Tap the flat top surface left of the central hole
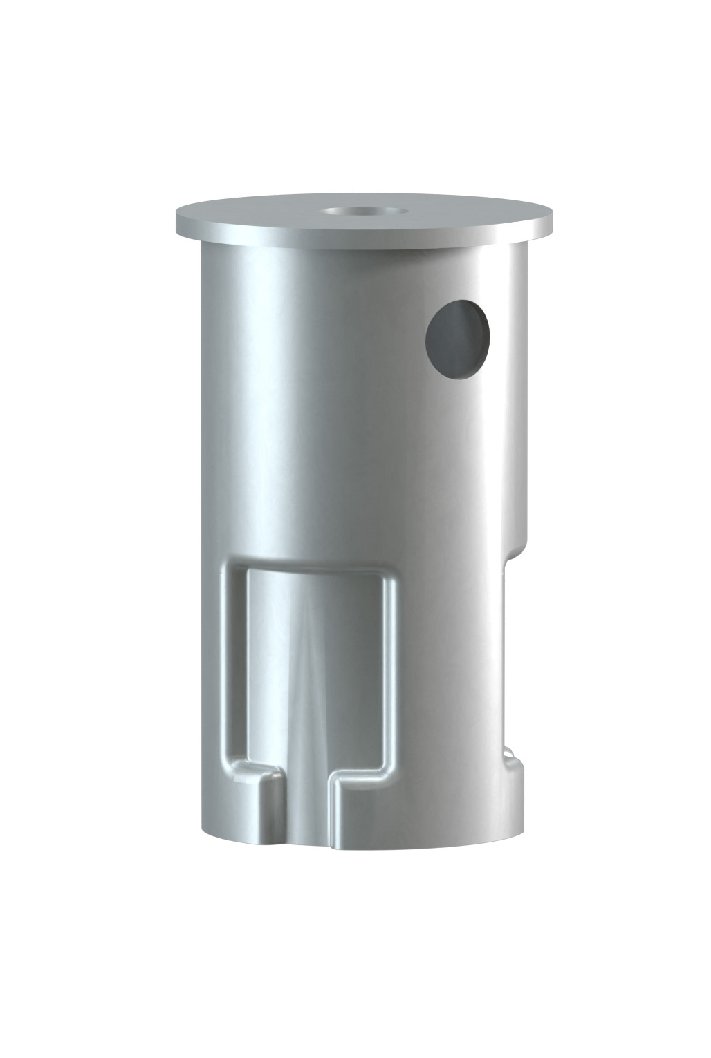pyautogui.click(x=263, y=214)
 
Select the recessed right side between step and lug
pyautogui.click(x=508, y=656)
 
